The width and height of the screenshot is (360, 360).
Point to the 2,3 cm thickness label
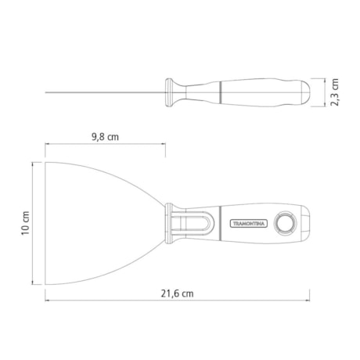click(x=333, y=93)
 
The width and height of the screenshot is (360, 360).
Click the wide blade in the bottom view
click(x=102, y=223)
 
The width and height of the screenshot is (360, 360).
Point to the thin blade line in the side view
click(x=102, y=95)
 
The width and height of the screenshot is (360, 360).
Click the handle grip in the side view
click(x=266, y=93)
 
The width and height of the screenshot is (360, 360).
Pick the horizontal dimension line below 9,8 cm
click(x=105, y=144)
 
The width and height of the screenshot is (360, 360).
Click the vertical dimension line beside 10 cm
click(x=34, y=224)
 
